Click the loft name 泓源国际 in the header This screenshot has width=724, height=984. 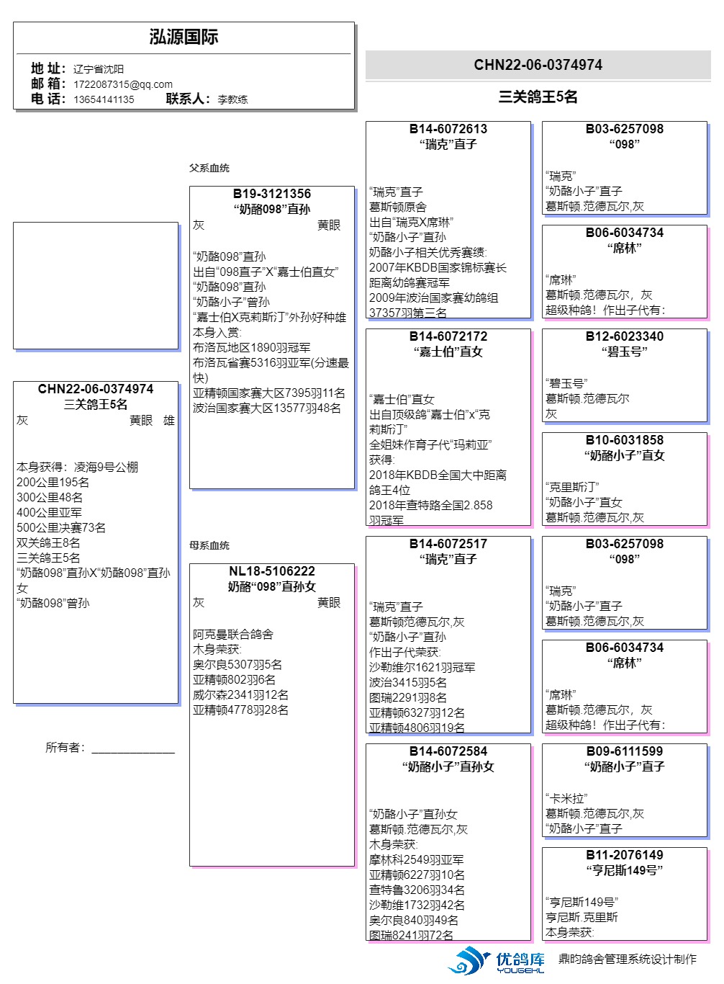184,37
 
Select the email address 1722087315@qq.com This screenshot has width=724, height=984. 122,84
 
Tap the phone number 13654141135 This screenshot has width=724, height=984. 104,99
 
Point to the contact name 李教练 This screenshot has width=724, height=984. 232,99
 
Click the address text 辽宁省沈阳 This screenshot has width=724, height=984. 99,69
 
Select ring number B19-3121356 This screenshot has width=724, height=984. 272,194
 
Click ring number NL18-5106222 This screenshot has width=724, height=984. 272,571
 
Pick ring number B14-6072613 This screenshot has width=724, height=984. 448,129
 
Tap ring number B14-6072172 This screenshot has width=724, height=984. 448,336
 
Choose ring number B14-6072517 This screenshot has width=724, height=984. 448,544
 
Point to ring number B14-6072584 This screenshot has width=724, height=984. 448,751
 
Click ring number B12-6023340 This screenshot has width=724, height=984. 624,336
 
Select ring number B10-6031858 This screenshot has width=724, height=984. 624,440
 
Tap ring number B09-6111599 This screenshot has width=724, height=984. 624,751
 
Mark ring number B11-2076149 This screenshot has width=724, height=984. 624,855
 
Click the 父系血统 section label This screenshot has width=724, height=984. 209,168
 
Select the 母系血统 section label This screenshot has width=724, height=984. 209,545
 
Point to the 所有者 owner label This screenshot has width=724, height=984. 65,748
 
